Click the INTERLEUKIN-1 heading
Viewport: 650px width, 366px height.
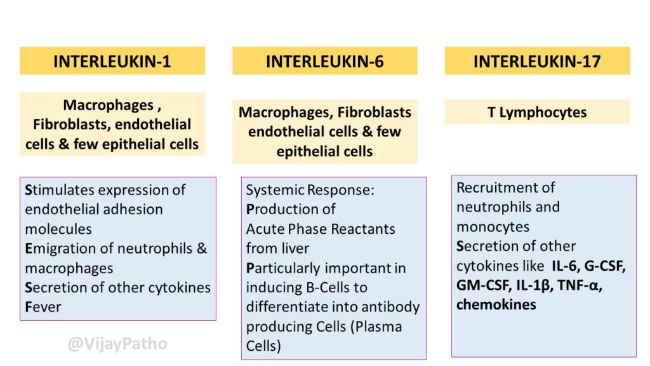coord(112,62)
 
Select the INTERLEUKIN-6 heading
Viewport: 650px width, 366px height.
coord(324,62)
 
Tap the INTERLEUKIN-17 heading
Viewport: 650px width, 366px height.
coord(537,62)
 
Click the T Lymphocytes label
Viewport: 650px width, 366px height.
coord(537,112)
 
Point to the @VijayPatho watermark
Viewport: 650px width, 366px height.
coord(117,344)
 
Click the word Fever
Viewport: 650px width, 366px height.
coord(43,307)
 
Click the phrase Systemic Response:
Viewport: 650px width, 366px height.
coord(310,190)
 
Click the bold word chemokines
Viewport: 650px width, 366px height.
coord(496,304)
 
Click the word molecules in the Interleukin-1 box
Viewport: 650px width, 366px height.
coord(58,229)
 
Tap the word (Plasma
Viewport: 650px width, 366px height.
coord(376,327)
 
